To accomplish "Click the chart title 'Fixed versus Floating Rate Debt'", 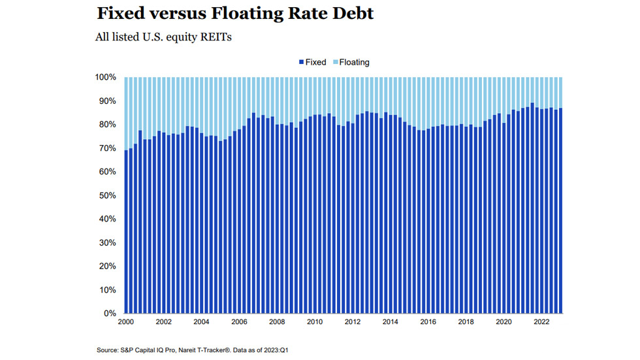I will tap(235, 13).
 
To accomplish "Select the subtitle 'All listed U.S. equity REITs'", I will tap(163, 37).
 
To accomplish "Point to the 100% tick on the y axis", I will tap(106, 78).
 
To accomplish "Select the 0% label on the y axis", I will tap(110, 314).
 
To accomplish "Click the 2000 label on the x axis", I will tap(125, 322).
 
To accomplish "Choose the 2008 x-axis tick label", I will tap(276, 322).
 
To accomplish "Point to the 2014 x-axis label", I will tap(390, 322).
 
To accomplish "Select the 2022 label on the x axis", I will tap(541, 322).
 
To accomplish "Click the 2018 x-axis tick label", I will tap(466, 322).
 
